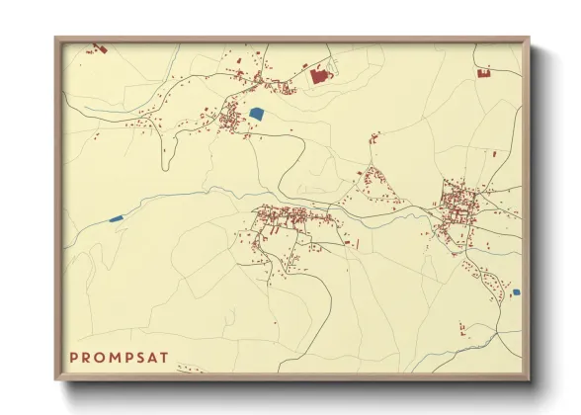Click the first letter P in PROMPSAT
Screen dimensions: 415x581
[x=74, y=356]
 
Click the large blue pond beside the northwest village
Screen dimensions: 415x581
[x=258, y=113]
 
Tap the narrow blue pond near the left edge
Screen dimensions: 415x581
[x=116, y=217]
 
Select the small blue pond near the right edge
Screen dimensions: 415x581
[x=515, y=291]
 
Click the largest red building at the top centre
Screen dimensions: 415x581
[x=319, y=74]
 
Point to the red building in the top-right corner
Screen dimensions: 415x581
[x=484, y=72]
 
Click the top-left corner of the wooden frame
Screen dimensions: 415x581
[x=56, y=39]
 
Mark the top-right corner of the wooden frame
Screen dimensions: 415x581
[x=529, y=39]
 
